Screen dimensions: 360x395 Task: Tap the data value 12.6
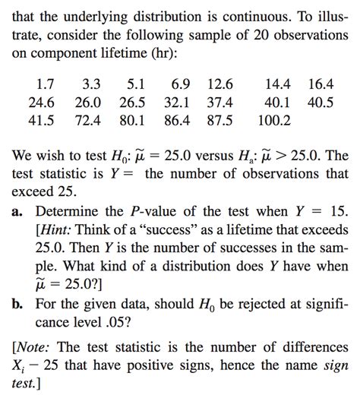coord(219,84)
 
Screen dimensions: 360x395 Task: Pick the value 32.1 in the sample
coord(179,103)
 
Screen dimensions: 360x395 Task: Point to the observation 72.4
coord(88,121)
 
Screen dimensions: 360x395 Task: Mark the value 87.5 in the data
coord(219,121)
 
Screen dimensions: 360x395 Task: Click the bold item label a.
coord(16,211)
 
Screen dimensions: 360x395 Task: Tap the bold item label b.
coord(16,304)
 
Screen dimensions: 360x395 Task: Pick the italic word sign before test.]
coord(336,359)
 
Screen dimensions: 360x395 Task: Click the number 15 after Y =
coord(336,211)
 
